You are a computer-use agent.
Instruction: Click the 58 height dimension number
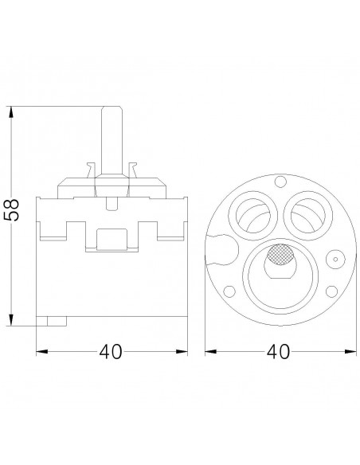[11, 209]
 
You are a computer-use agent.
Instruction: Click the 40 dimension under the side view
[111, 352]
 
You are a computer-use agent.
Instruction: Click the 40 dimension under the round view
[278, 352]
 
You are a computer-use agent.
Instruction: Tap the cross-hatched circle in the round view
[280, 255]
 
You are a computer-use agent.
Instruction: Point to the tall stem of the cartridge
[112, 140]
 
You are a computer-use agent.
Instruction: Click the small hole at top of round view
[280, 182]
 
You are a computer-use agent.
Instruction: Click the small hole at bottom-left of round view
[229, 291]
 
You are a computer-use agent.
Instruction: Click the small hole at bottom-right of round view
[331, 291]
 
